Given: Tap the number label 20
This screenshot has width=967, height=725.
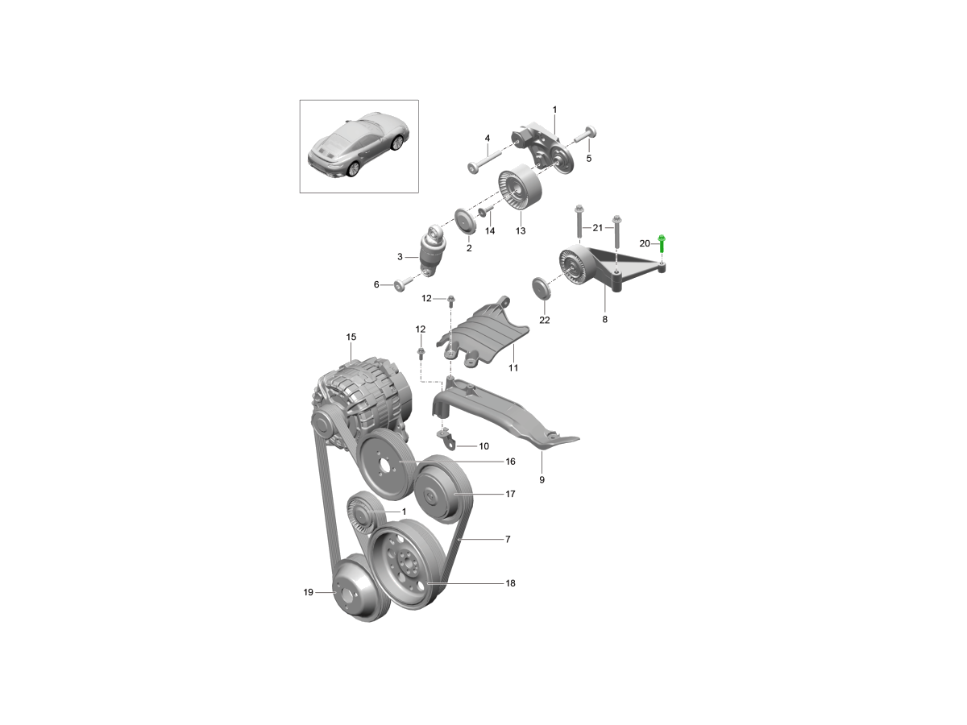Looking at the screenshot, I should [x=644, y=243].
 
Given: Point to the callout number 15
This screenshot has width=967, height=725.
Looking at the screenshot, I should [x=351, y=336].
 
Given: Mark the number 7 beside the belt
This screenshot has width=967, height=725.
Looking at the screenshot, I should [x=508, y=538].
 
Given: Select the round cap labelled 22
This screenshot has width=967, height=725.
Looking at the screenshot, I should [x=542, y=289].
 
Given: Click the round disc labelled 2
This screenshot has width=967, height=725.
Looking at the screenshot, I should [x=465, y=222].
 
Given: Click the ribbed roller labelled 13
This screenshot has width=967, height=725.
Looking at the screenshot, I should [x=520, y=191].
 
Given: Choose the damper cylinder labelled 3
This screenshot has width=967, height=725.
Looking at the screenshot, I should [x=433, y=251].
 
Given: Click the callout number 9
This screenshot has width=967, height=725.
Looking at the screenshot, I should [x=542, y=479].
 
